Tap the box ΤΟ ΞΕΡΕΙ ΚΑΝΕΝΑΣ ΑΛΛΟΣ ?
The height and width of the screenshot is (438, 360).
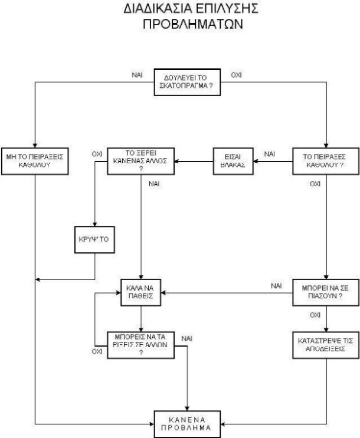(140, 161)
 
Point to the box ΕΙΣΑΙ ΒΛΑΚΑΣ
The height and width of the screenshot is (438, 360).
(232, 161)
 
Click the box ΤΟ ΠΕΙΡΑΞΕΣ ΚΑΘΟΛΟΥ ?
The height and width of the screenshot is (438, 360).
(323, 161)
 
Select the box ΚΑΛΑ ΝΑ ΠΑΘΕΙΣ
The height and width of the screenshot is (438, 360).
(140, 292)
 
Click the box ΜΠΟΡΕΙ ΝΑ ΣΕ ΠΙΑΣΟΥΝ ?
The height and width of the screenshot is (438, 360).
(323, 292)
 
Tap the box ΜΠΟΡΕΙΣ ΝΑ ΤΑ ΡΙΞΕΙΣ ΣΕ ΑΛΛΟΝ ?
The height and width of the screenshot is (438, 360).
(140, 344)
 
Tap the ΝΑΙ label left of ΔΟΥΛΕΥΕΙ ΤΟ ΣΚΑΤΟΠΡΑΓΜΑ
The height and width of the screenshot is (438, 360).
(137, 75)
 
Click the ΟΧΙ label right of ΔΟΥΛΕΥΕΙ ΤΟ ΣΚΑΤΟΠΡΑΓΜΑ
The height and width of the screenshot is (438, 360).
(237, 75)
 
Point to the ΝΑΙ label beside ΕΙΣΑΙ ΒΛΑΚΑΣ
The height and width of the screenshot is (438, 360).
(270, 154)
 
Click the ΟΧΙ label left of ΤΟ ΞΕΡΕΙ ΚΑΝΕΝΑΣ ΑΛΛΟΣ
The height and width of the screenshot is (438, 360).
(97, 154)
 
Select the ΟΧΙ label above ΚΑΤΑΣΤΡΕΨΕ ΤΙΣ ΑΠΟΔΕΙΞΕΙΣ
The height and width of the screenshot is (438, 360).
(315, 315)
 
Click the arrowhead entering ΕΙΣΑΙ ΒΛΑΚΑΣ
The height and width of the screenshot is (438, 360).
(254, 160)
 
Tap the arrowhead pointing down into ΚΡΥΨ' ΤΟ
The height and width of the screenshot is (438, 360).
(94, 222)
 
